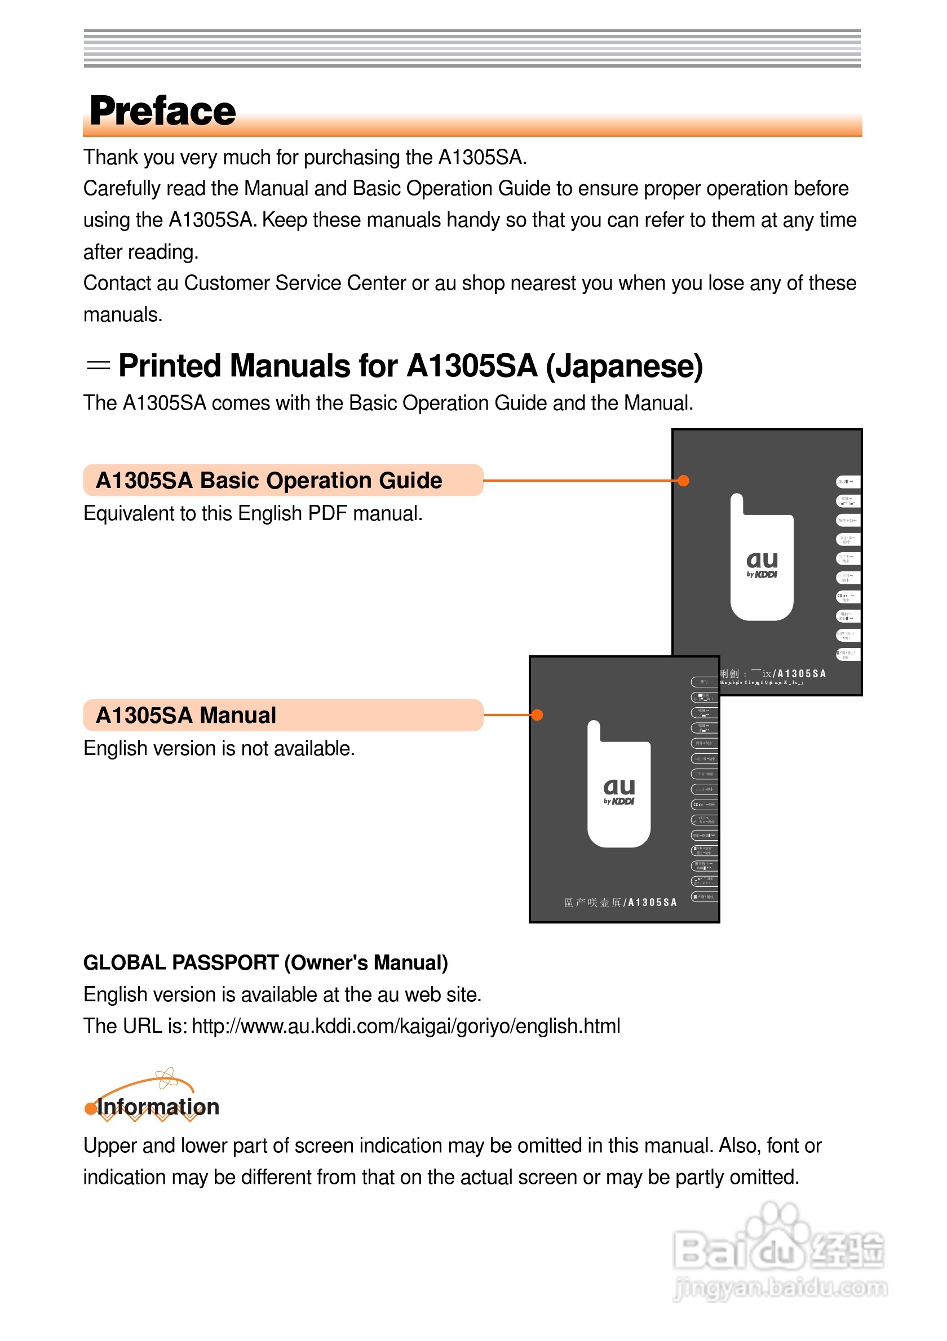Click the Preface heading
[x=162, y=111]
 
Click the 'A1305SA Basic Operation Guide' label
[x=269, y=480]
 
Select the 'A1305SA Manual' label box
[x=283, y=715]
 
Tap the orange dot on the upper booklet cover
[x=683, y=481]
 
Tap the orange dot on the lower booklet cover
[x=537, y=715]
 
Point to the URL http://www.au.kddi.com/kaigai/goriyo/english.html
[x=406, y=1025]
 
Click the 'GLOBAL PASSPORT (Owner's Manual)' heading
[x=265, y=962]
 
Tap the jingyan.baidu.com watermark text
[x=780, y=1288]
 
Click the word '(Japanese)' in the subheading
[x=624, y=366]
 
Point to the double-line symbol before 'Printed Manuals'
[x=98, y=366]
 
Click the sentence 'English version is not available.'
[x=219, y=748]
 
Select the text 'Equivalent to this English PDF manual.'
[x=253, y=513]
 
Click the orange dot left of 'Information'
[x=90, y=1108]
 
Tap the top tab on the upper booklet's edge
[x=848, y=482]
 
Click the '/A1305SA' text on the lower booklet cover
[x=650, y=903]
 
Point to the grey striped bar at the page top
[x=472, y=48]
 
